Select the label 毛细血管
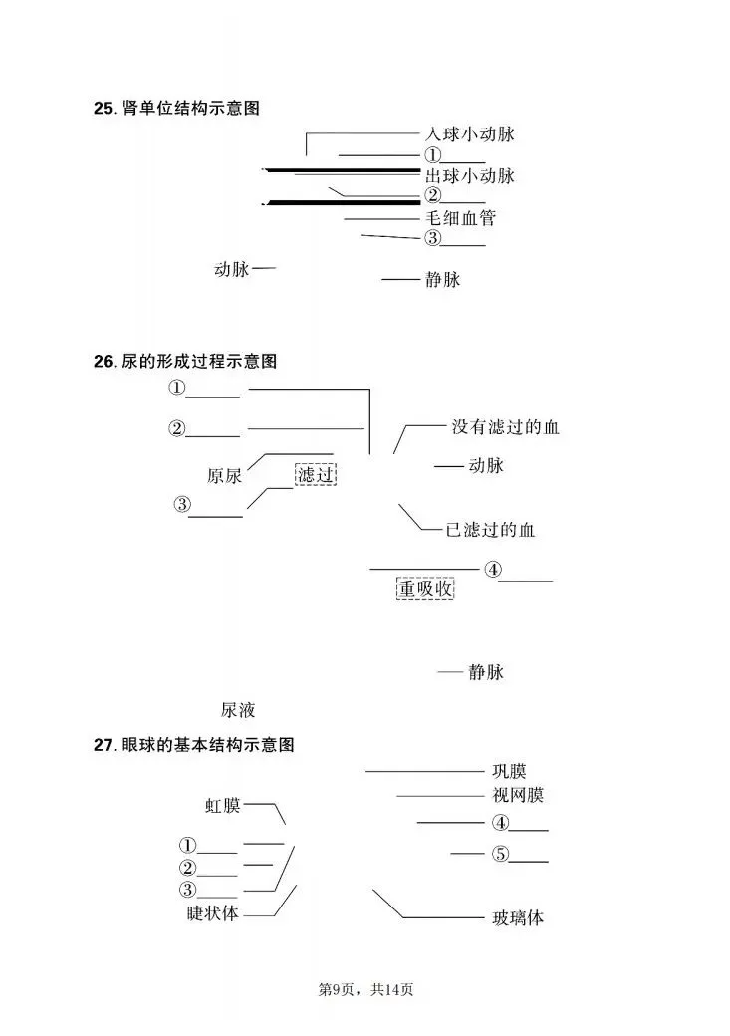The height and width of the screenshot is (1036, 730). pyautogui.click(x=459, y=217)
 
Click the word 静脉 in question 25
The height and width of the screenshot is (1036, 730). pyautogui.click(x=442, y=280)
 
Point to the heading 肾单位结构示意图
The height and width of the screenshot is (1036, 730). pyautogui.click(x=189, y=108)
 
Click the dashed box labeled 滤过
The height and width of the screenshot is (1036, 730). pyautogui.click(x=316, y=474)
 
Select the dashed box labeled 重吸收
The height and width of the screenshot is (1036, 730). pyautogui.click(x=425, y=589)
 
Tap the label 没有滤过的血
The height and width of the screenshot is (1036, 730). pyautogui.click(x=505, y=427)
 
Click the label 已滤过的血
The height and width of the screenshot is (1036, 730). pyautogui.click(x=490, y=530)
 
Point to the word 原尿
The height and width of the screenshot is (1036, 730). pyautogui.click(x=224, y=475)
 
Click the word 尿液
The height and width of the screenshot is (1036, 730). pyautogui.click(x=238, y=710)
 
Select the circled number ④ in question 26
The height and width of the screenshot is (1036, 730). pyautogui.click(x=492, y=570)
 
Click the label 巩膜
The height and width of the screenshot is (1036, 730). pyautogui.click(x=509, y=771)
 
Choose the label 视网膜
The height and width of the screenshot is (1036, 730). pyautogui.click(x=518, y=795)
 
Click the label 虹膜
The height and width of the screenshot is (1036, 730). pyautogui.click(x=223, y=805)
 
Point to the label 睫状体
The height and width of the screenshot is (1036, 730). pyautogui.click(x=213, y=912)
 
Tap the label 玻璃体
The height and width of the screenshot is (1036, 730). pyautogui.click(x=518, y=917)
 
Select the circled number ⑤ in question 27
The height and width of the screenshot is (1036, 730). pyautogui.click(x=500, y=854)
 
